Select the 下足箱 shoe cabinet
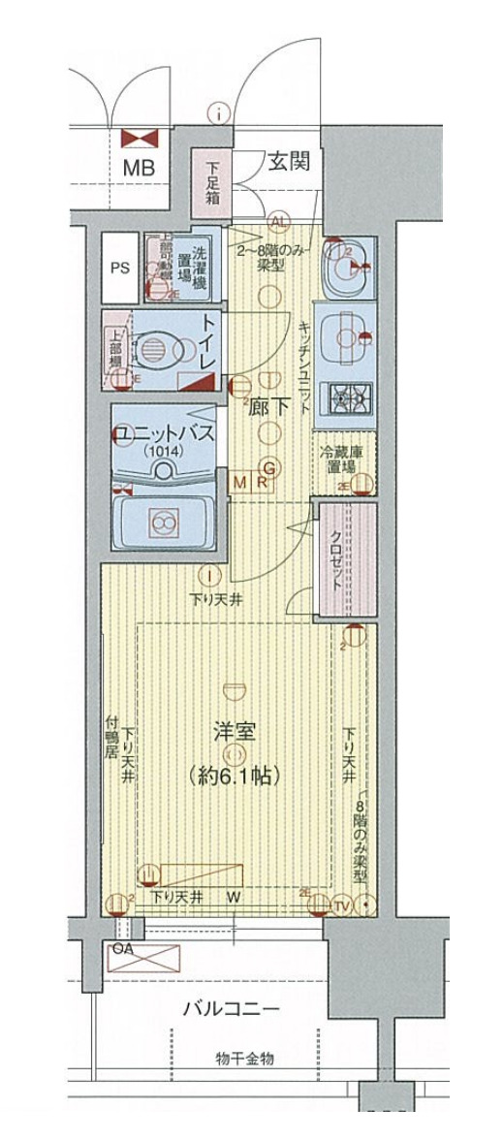coord(212,180)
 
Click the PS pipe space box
coord(120,269)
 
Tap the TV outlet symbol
coord(341,905)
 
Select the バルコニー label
coord(232,1009)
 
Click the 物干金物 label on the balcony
coord(243,1059)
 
